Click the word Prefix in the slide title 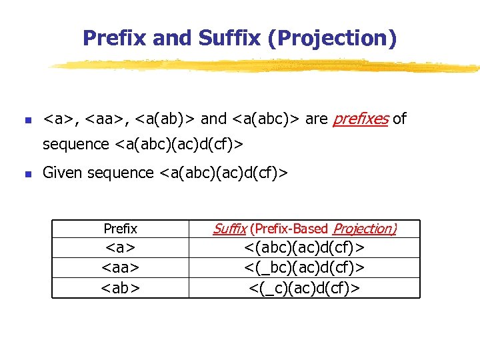click(114, 38)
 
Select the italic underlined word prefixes click(360, 119)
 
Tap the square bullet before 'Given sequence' click(27, 175)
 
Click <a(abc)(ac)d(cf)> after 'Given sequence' click(223, 173)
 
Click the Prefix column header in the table click(120, 229)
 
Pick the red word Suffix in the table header click(230, 229)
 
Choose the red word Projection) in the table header click(365, 229)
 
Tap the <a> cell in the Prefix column click(120, 248)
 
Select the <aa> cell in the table click(120, 267)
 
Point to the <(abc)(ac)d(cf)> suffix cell click(304, 248)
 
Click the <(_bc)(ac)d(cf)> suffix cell click(304, 267)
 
